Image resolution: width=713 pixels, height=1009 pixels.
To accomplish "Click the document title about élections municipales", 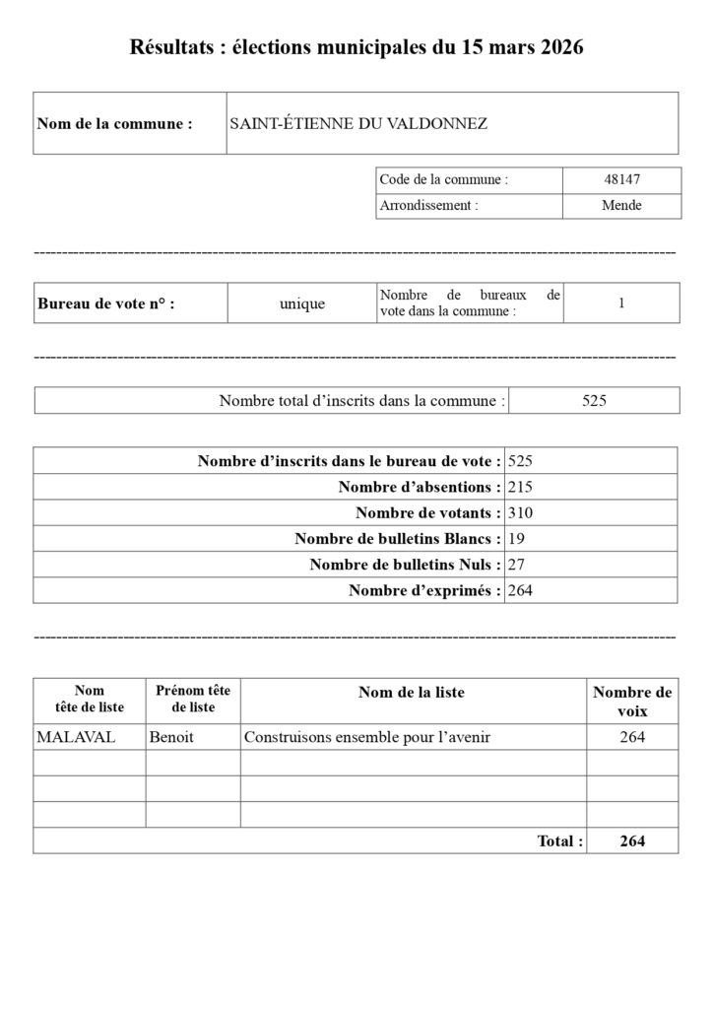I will (x=356, y=48).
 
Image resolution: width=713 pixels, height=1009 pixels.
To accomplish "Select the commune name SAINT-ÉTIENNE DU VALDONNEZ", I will (x=358, y=124).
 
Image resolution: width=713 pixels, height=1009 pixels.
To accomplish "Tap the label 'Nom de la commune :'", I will (x=114, y=124).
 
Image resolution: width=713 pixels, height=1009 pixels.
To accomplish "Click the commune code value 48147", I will (x=621, y=180).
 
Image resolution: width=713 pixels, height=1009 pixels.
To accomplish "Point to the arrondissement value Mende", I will (x=621, y=206).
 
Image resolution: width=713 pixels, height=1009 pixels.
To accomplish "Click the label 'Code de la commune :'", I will (x=443, y=180).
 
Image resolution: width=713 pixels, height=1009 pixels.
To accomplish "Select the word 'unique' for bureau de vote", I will (x=301, y=304).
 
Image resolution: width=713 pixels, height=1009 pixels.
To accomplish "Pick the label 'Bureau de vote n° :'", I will (x=105, y=304).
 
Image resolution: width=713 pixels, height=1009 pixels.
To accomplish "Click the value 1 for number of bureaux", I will (x=621, y=303).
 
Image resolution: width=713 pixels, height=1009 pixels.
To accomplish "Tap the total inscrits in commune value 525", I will (x=594, y=401).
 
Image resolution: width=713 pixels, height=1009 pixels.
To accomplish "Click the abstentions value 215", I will (x=520, y=487).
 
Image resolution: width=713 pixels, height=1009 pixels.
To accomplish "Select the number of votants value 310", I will (x=520, y=512).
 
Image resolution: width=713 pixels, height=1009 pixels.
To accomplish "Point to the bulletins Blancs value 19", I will (x=516, y=539).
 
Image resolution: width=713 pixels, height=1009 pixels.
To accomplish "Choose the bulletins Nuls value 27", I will (x=516, y=565).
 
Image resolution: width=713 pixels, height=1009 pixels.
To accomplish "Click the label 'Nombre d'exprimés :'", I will (x=424, y=590).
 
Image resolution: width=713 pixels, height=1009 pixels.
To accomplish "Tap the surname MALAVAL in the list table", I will (x=65, y=737).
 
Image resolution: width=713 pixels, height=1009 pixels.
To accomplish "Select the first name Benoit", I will (x=171, y=737).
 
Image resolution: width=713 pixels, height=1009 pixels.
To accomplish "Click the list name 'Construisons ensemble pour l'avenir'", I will (x=366, y=737).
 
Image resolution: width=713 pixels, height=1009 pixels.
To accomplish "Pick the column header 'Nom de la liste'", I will (x=412, y=693).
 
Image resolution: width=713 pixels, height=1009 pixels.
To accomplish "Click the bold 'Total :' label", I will (x=559, y=841).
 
